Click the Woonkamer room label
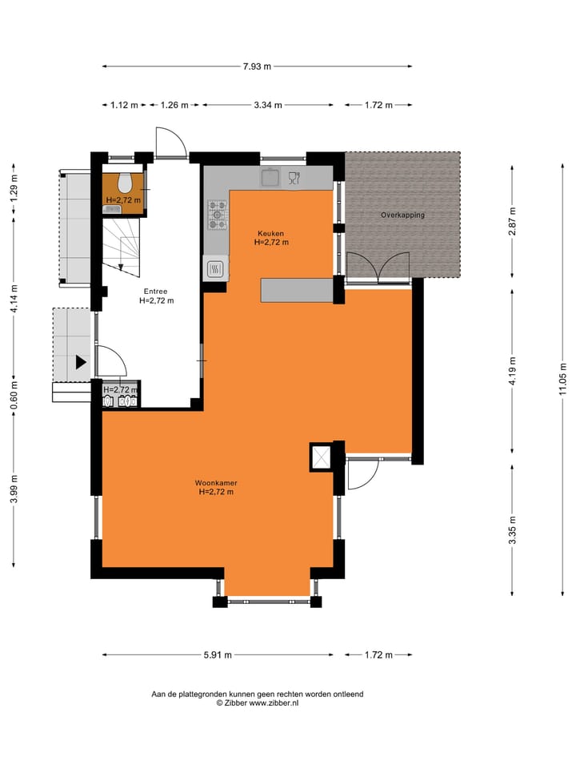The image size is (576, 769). (x=216, y=483)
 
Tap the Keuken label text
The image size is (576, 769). (x=271, y=233)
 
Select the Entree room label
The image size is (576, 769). (x=155, y=292)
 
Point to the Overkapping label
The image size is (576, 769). (x=402, y=215)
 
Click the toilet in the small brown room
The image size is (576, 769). (x=125, y=183)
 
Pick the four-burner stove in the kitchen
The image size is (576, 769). (x=218, y=215)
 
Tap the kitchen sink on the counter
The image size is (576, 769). (x=270, y=177)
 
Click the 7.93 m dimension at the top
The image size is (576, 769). (x=257, y=66)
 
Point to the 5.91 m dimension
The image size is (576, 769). (x=218, y=654)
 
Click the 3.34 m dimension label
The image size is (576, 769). (x=268, y=105)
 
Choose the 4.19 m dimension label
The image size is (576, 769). (x=512, y=372)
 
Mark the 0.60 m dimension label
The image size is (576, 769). (x=14, y=395)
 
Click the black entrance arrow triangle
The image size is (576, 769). (x=81, y=363)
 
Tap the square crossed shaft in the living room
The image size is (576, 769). (x=322, y=457)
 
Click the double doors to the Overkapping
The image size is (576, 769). (x=378, y=268)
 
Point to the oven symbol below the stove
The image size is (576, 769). (x=216, y=269)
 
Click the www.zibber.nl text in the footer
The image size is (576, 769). (x=274, y=703)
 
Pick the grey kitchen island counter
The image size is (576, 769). (x=297, y=290)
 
